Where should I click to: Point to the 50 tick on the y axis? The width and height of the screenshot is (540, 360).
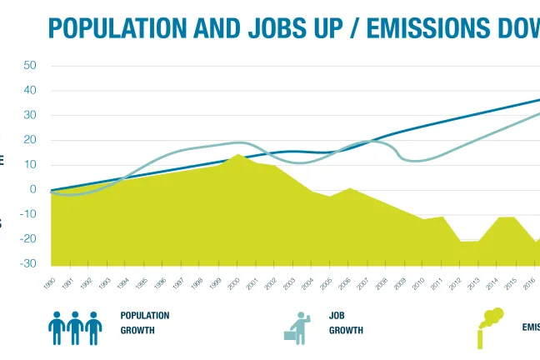coord(31,65)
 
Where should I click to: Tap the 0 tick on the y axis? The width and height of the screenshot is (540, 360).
coord(33,189)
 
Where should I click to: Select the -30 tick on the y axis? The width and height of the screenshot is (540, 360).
coord(29,263)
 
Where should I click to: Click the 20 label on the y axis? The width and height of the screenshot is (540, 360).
coord(31,140)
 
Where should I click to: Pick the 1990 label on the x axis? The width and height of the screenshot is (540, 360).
coord(49,284)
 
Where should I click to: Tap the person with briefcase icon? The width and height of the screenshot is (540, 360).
coord(298,327)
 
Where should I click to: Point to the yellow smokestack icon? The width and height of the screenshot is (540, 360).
coord(489,327)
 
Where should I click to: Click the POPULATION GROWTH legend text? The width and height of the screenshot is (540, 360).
coord(144,323)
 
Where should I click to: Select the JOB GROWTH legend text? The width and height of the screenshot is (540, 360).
coord(345,323)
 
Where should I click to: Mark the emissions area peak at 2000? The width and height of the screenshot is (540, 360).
coord(238,156)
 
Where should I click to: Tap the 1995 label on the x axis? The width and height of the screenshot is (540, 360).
coord(140,284)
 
